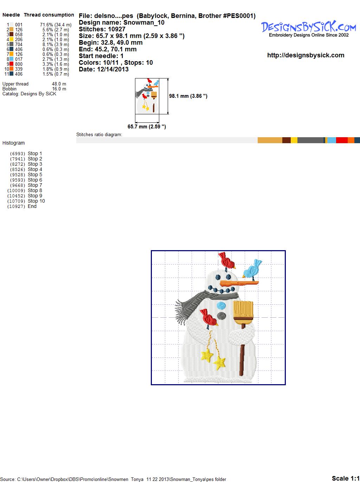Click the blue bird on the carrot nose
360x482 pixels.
tap(252, 270)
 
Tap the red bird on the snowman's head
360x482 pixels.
tap(227, 261)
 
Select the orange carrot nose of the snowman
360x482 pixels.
tap(239, 283)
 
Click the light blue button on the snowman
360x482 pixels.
tap(221, 305)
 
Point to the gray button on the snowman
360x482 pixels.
tap(221, 316)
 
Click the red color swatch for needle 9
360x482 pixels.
tap(11, 64)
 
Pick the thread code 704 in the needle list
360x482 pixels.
tap(19, 44)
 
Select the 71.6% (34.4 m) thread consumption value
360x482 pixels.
tap(56, 25)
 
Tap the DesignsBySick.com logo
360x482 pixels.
tap(309, 29)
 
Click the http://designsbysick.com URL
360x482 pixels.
tap(306, 55)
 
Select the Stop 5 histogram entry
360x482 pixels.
tap(26, 175)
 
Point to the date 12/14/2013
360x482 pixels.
tap(113, 69)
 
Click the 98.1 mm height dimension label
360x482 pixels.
tap(188, 96)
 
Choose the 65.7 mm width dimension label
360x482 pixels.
tap(147, 127)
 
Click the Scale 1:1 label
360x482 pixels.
tap(346, 478)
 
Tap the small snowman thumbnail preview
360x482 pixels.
tap(147, 96)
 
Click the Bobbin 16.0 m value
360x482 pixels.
tap(59, 89)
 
